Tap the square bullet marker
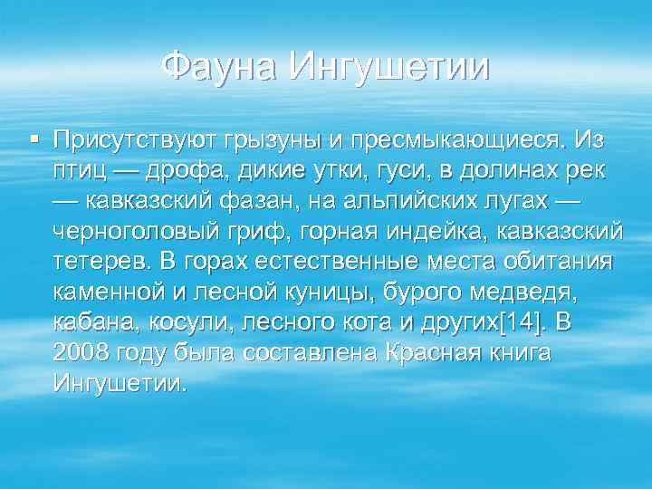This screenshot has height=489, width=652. (x=34, y=139)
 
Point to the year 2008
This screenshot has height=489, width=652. (x=82, y=352)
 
